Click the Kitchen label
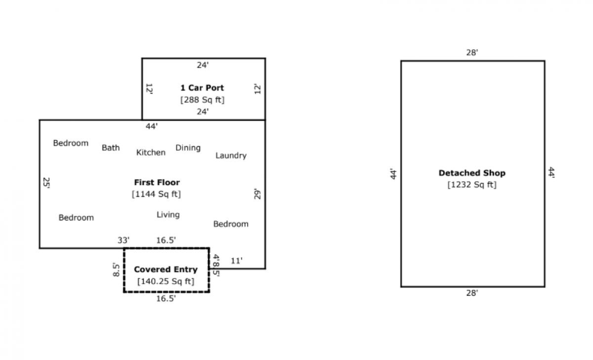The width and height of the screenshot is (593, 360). (x=151, y=153)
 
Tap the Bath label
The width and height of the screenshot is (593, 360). (x=111, y=148)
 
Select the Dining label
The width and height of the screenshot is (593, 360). (x=188, y=148)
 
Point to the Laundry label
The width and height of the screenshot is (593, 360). (x=231, y=156)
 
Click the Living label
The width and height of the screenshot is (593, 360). (x=168, y=215)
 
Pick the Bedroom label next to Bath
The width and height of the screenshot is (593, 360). (x=71, y=143)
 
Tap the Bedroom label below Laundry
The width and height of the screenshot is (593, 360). (x=231, y=224)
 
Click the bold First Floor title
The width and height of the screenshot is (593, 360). (x=157, y=182)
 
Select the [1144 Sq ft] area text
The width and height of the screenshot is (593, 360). (x=156, y=194)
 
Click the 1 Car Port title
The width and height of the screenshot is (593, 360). (x=202, y=88)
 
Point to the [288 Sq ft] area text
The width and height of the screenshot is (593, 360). (x=202, y=100)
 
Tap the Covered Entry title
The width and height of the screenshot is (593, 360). (x=166, y=270)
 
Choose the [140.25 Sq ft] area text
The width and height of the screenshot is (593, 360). (x=166, y=281)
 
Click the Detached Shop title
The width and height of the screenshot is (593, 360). (x=472, y=173)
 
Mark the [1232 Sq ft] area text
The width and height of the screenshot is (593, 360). (x=472, y=185)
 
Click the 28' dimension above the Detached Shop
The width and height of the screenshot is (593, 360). (x=472, y=52)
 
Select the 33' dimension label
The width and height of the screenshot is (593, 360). (x=124, y=240)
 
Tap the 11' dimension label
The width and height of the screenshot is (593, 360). (x=237, y=261)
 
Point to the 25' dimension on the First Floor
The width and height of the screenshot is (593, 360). (x=46, y=183)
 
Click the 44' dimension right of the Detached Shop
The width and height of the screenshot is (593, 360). (x=551, y=173)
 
